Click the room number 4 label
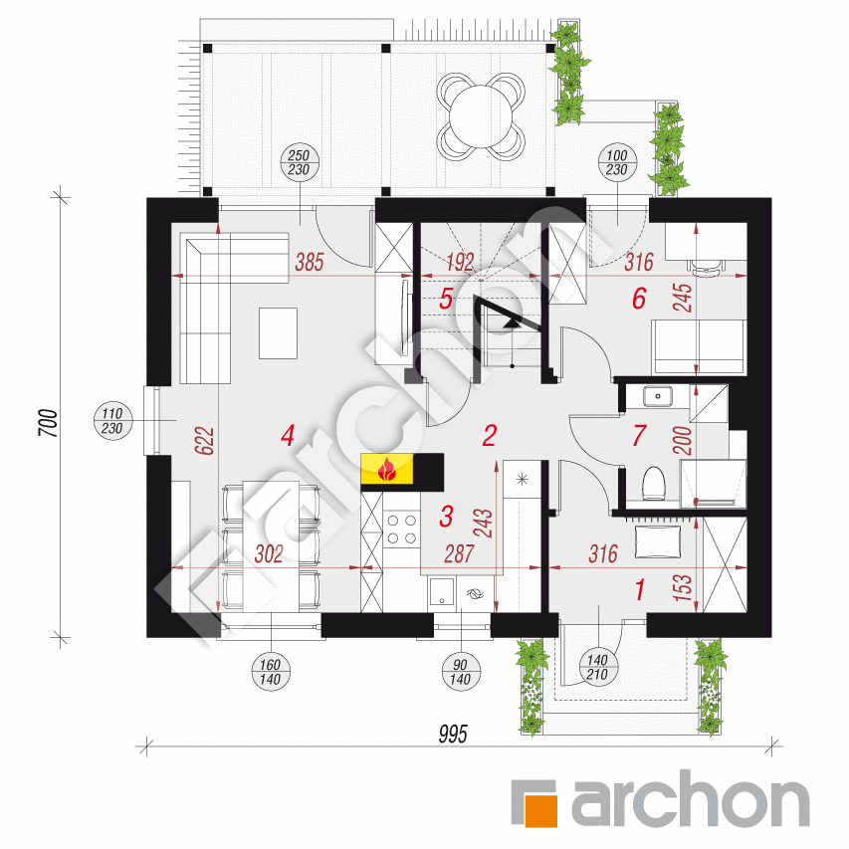click(x=288, y=435)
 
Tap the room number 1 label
click(x=639, y=590)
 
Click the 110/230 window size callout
click(x=111, y=420)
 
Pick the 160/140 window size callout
click(x=272, y=672)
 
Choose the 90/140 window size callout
click(x=460, y=672)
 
